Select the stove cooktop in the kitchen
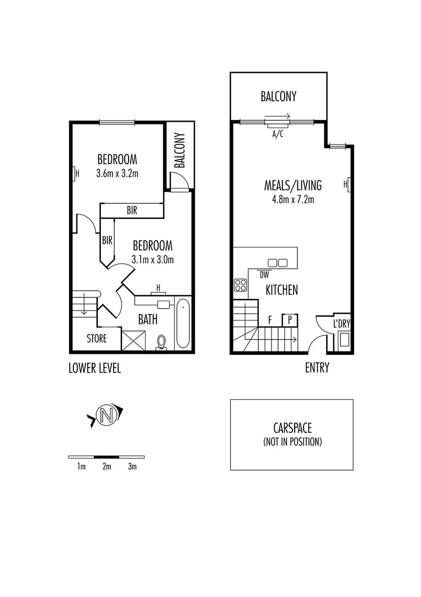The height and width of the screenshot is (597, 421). [241, 285]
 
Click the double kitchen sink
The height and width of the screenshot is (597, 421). [278, 263]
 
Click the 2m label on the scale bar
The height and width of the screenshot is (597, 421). [106, 467]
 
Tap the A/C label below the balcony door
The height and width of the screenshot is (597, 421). [277, 134]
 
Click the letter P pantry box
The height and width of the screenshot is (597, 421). [290, 320]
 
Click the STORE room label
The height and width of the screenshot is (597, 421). [97, 338]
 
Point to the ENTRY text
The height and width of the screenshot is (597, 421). [317, 368]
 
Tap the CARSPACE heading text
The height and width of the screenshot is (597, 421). [292, 428]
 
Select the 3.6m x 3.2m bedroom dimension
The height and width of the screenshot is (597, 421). [116, 173]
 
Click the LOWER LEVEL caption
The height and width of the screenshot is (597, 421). [94, 368]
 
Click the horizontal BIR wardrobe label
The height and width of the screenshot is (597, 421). [131, 211]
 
